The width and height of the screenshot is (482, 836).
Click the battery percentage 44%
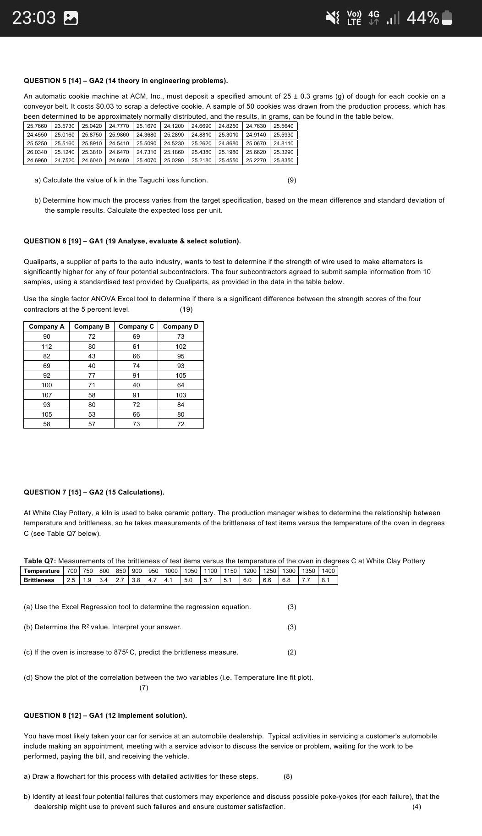pyautogui.click(x=422, y=18)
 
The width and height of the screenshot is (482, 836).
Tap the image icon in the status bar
pyautogui.click(x=71, y=18)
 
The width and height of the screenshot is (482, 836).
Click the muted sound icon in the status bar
pyautogui.click(x=332, y=18)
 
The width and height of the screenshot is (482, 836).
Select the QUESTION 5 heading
pyautogui.click(x=126, y=81)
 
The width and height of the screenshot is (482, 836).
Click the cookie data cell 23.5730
pyautogui.click(x=64, y=126)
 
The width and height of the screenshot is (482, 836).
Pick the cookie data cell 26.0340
pyautogui.click(x=37, y=152)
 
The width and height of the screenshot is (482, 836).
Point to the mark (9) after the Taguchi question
pyautogui.click(x=292, y=180)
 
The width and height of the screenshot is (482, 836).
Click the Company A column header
pyautogui.click(x=46, y=326)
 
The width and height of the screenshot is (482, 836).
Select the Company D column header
pyautogui.click(x=181, y=326)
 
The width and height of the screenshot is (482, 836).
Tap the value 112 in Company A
pyautogui.click(x=46, y=346)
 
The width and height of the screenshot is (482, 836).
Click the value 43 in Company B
pyautogui.click(x=92, y=356)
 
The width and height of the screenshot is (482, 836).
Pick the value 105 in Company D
pyautogui.click(x=181, y=375)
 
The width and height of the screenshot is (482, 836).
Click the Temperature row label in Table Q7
pyautogui.click(x=42, y=571)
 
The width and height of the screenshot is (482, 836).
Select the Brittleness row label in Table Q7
pyautogui.click(x=39, y=580)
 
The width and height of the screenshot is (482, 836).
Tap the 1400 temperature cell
pyautogui.click(x=328, y=571)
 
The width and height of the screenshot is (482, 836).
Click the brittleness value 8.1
pyautogui.click(x=325, y=580)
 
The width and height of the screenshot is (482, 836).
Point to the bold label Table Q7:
pyautogui.click(x=40, y=561)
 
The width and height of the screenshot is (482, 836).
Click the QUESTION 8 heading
pyautogui.click(x=105, y=715)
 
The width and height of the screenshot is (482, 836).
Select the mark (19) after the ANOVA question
pyautogui.click(x=186, y=309)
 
